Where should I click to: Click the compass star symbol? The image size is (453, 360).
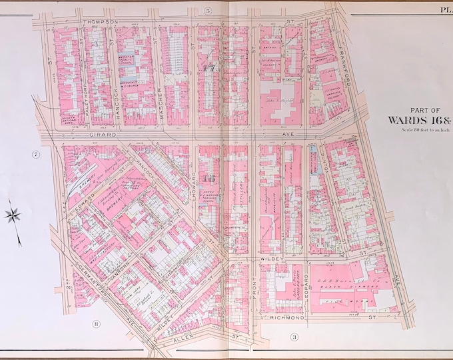click(x=13, y=216)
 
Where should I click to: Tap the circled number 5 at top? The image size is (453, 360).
click(x=208, y=11)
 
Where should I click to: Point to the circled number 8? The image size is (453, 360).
click(x=96, y=325)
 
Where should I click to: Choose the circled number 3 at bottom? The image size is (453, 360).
click(x=292, y=338)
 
